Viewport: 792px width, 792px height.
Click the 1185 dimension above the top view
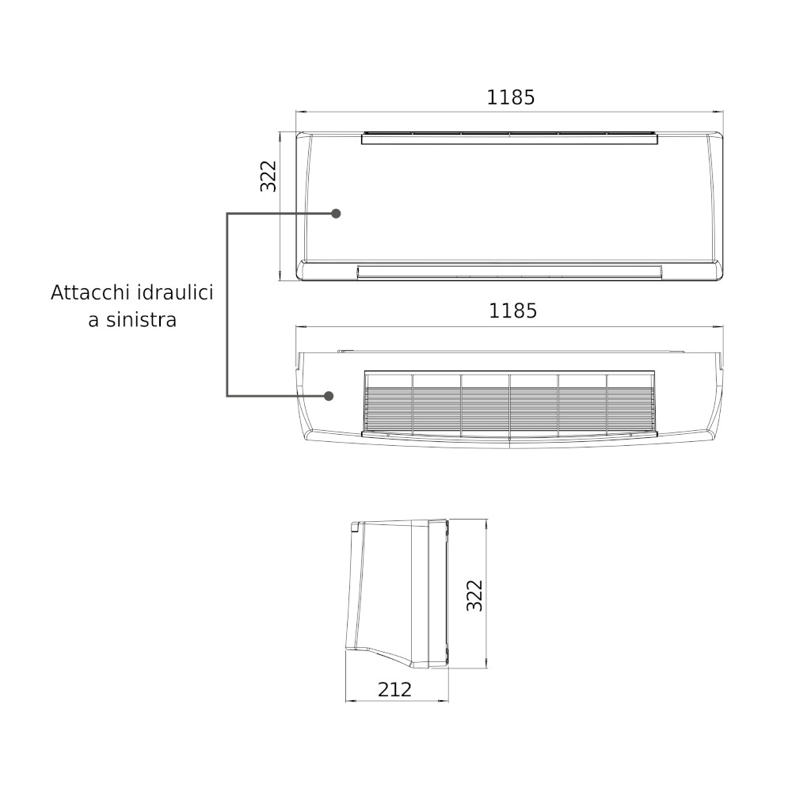pyautogui.click(x=510, y=97)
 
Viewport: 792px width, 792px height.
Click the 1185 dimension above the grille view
pyautogui.click(x=512, y=311)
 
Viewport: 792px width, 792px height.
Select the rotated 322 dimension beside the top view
pyautogui.click(x=268, y=176)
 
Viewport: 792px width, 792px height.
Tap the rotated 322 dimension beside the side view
pyautogui.click(x=474, y=596)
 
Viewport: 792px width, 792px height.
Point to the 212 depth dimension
pyautogui.click(x=394, y=690)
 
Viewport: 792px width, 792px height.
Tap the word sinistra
pyautogui.click(x=141, y=320)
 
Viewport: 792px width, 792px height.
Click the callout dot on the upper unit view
pyautogui.click(x=335, y=214)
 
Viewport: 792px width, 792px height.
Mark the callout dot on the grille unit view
pyautogui.click(x=329, y=395)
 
